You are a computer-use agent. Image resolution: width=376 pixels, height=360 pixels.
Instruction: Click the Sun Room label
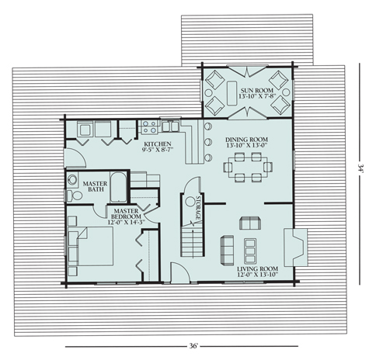click(x=256, y=90)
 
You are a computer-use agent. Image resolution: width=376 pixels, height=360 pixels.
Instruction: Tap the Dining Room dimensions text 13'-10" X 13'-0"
click(x=246, y=145)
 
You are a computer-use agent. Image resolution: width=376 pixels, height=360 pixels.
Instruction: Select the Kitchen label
click(x=158, y=144)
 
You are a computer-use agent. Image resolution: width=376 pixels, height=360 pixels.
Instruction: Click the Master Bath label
click(x=95, y=186)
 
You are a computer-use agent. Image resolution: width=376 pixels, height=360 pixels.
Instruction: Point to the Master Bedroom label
click(x=126, y=214)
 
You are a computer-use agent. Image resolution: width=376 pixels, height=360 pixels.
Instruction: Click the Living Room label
click(x=257, y=268)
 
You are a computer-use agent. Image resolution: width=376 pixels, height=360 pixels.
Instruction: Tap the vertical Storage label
click(x=199, y=208)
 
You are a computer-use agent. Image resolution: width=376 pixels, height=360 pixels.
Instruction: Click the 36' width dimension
click(x=193, y=346)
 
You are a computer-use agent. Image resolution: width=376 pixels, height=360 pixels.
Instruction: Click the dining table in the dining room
click(x=248, y=168)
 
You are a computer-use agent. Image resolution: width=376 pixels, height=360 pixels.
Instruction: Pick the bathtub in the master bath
click(x=118, y=187)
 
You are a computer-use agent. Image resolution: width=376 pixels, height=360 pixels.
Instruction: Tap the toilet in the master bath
click(x=74, y=196)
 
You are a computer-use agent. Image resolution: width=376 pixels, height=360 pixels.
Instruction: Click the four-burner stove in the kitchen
click(x=149, y=127)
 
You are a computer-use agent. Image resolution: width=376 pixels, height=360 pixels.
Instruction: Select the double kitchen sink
click(x=170, y=126)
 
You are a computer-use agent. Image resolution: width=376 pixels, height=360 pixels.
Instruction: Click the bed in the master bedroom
click(x=91, y=247)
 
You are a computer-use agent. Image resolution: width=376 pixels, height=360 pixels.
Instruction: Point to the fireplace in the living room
click(x=296, y=247)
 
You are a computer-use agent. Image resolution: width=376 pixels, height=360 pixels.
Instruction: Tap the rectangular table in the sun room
click(x=232, y=93)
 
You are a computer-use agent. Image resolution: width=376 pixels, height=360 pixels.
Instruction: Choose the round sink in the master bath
click(x=72, y=179)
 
